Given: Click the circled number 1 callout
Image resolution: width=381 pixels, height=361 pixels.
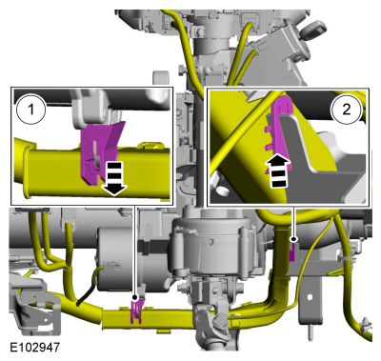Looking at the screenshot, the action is click(30, 110).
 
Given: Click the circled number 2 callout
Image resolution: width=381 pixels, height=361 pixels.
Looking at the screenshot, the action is click(347, 110).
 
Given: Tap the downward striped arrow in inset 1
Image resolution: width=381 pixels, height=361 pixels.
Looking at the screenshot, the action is click(114, 178).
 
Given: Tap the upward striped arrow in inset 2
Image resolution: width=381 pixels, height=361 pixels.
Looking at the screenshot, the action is click(278, 171).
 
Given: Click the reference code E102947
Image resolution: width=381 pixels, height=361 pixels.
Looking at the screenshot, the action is click(34, 347).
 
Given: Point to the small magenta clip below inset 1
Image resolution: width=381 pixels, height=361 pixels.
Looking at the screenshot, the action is click(137, 311).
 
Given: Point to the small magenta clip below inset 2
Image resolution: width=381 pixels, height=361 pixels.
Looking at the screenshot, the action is click(292, 251).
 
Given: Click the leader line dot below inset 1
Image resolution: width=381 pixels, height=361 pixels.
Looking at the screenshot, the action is click(135, 297).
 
